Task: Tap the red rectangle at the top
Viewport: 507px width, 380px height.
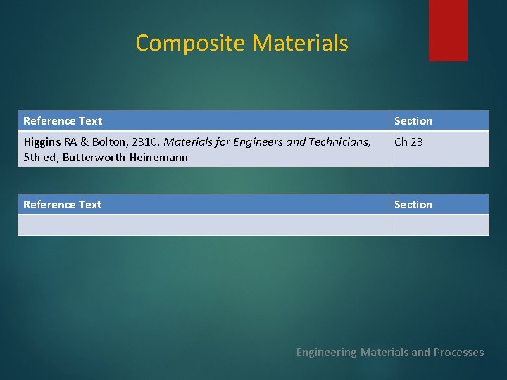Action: (x=448, y=30)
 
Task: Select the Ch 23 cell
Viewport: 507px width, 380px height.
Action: (x=408, y=142)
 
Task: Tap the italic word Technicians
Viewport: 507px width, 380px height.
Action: (x=338, y=142)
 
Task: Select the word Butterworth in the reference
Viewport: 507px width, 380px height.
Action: (x=94, y=158)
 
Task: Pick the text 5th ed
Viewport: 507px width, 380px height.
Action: (x=39, y=158)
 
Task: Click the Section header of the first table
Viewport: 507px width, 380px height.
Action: (x=413, y=121)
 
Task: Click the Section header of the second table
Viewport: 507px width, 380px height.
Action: (x=413, y=205)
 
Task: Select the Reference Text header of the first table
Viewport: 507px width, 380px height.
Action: (x=63, y=121)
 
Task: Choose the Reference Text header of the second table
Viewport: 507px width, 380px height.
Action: (x=63, y=205)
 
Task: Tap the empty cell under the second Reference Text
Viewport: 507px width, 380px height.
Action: (x=203, y=224)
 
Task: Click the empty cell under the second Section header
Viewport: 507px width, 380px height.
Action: (x=438, y=224)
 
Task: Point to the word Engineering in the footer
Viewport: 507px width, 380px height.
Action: (x=326, y=353)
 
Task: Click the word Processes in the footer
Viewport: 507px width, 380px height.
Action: (x=458, y=353)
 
